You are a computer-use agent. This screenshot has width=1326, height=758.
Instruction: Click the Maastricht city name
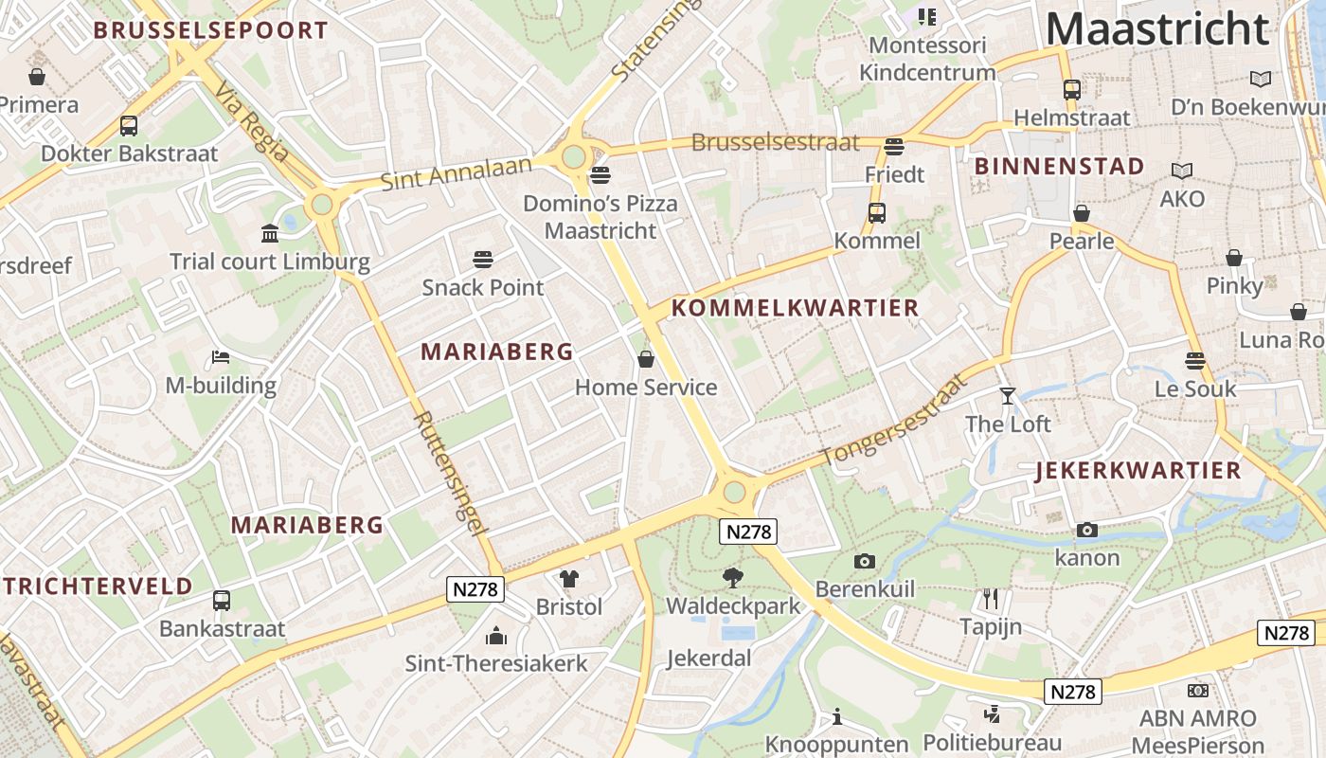click(x=1156, y=28)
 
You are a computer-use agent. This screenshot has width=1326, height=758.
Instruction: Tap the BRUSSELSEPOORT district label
click(x=210, y=30)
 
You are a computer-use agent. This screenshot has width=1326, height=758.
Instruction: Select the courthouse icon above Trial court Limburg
click(x=270, y=233)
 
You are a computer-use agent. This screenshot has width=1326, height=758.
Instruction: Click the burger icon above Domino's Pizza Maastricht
click(x=600, y=175)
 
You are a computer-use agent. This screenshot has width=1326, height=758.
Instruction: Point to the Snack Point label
click(x=483, y=287)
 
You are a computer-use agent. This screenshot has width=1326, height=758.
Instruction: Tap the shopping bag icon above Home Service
click(x=646, y=359)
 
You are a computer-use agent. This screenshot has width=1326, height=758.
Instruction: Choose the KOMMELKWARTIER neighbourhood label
click(x=795, y=308)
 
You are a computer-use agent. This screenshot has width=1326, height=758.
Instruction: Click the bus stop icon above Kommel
click(x=877, y=213)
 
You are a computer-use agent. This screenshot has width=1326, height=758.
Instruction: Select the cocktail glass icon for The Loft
click(x=1007, y=395)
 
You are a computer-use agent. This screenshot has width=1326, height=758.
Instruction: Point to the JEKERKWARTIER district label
click(x=1138, y=471)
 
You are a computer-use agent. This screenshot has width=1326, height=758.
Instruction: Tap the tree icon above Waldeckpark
click(x=732, y=577)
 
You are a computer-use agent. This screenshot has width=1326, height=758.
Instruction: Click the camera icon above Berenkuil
click(x=864, y=561)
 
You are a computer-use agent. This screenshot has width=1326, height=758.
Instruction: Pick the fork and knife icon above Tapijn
click(x=991, y=599)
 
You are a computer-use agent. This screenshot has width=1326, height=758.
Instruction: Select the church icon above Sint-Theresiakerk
click(x=496, y=636)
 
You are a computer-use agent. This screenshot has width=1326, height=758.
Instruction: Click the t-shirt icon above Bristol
click(x=568, y=578)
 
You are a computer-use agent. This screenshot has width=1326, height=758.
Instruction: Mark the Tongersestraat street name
click(x=895, y=420)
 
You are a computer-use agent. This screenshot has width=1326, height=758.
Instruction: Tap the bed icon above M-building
click(x=221, y=357)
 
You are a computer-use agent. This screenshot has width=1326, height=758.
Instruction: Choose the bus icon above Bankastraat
click(x=222, y=600)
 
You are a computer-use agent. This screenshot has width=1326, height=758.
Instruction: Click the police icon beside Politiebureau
click(x=993, y=714)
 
